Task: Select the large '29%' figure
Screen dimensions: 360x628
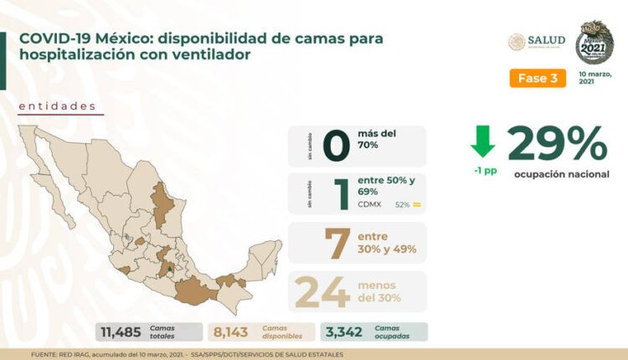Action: pyautogui.click(x=557, y=144)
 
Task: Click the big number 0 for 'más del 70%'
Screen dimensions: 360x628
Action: pyautogui.click(x=335, y=145)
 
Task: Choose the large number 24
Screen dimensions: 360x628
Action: pyautogui.click(x=322, y=291)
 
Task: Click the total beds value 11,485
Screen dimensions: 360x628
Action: pyautogui.click(x=121, y=332)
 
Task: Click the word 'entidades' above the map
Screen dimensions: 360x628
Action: pyautogui.click(x=56, y=106)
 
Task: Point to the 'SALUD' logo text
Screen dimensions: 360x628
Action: pyautogui.click(x=546, y=40)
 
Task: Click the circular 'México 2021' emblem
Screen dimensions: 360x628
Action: pyautogui.click(x=595, y=42)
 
